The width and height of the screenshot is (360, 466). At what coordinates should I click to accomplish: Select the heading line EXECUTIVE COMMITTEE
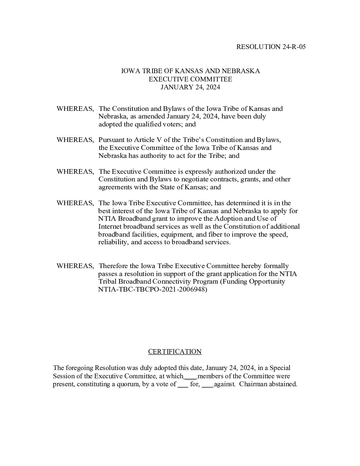coord(190,79)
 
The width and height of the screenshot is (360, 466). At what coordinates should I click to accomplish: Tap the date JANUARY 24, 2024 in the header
coord(190,87)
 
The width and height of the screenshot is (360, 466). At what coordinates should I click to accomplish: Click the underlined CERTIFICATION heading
coord(175,351)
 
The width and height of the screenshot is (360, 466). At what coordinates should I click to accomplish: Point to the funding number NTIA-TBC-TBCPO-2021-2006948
coord(153,289)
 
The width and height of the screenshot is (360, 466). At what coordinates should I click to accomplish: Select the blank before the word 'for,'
coord(183,385)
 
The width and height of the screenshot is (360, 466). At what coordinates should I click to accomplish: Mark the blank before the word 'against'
coord(207,385)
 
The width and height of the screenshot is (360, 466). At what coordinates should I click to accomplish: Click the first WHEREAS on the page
coord(75,109)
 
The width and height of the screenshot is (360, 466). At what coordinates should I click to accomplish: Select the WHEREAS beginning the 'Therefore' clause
coord(75,266)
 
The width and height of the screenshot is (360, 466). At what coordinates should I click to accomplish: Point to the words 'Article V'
coord(140,140)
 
